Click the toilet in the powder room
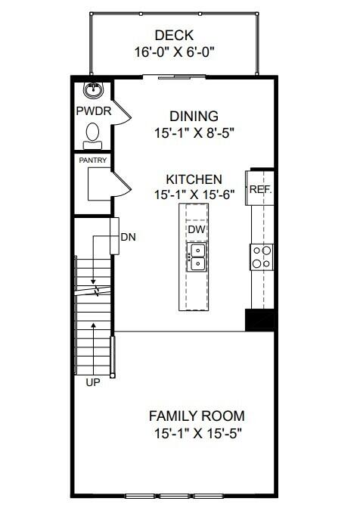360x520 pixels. (93, 133)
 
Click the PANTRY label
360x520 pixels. (92, 160)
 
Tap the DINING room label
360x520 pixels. (194, 117)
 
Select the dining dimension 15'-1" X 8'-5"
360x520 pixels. (194, 133)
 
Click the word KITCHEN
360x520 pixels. (194, 179)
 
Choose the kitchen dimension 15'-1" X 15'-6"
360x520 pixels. (194, 195)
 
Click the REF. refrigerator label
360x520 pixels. (261, 190)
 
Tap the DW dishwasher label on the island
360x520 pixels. (196, 229)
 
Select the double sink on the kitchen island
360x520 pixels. (196, 257)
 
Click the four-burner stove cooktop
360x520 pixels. (262, 257)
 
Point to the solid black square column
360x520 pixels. (259, 320)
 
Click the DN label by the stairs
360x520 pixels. (128, 237)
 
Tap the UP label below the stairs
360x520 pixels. (93, 383)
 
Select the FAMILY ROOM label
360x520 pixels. (197, 416)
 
